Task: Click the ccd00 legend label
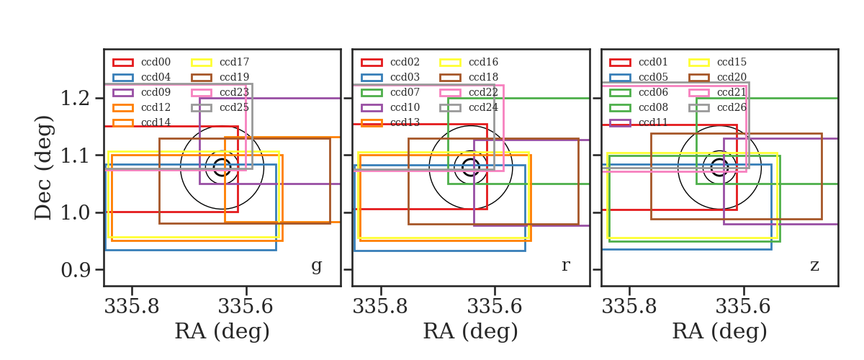point(156,62)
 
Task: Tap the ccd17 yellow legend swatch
point(202,63)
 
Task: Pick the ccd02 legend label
point(405,62)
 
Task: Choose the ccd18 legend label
point(483,77)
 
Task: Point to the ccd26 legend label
point(732,107)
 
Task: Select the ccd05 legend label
point(653,77)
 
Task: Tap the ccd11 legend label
point(653,122)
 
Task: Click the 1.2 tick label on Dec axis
point(75,99)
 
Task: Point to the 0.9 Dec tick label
point(75,270)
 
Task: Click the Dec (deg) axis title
point(43,168)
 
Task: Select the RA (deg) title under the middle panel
point(471,331)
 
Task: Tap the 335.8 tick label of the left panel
point(132,307)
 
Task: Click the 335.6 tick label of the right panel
point(743,307)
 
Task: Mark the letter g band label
point(316,266)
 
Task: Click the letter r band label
point(565,265)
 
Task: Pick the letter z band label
point(814,266)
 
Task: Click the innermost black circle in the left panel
point(222,159)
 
